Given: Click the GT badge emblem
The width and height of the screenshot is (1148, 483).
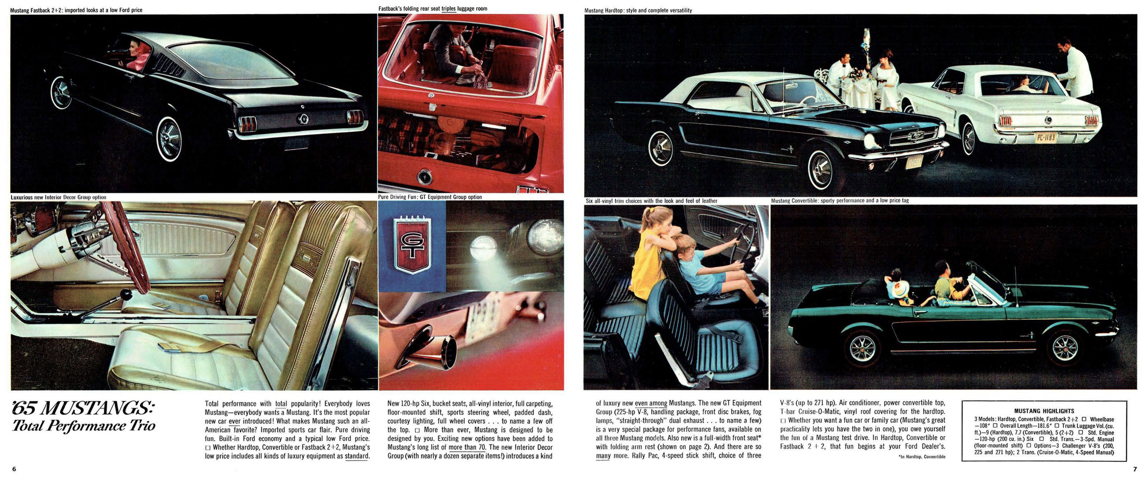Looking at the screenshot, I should click(x=411, y=245).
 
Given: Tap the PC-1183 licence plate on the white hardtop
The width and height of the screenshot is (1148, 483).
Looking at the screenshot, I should click(x=1045, y=137).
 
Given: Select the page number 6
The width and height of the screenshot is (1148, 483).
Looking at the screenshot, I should click(x=14, y=469).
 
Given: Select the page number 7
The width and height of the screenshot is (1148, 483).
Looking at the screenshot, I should click(x=1135, y=469).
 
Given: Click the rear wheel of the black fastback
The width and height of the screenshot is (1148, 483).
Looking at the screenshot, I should click(x=169, y=139).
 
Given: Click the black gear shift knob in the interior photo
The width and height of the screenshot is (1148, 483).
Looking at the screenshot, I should click(x=127, y=295).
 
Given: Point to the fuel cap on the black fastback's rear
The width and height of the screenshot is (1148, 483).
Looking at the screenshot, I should click(x=303, y=119).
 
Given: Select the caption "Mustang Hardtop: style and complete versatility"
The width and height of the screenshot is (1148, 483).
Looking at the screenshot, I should click(x=638, y=10).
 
